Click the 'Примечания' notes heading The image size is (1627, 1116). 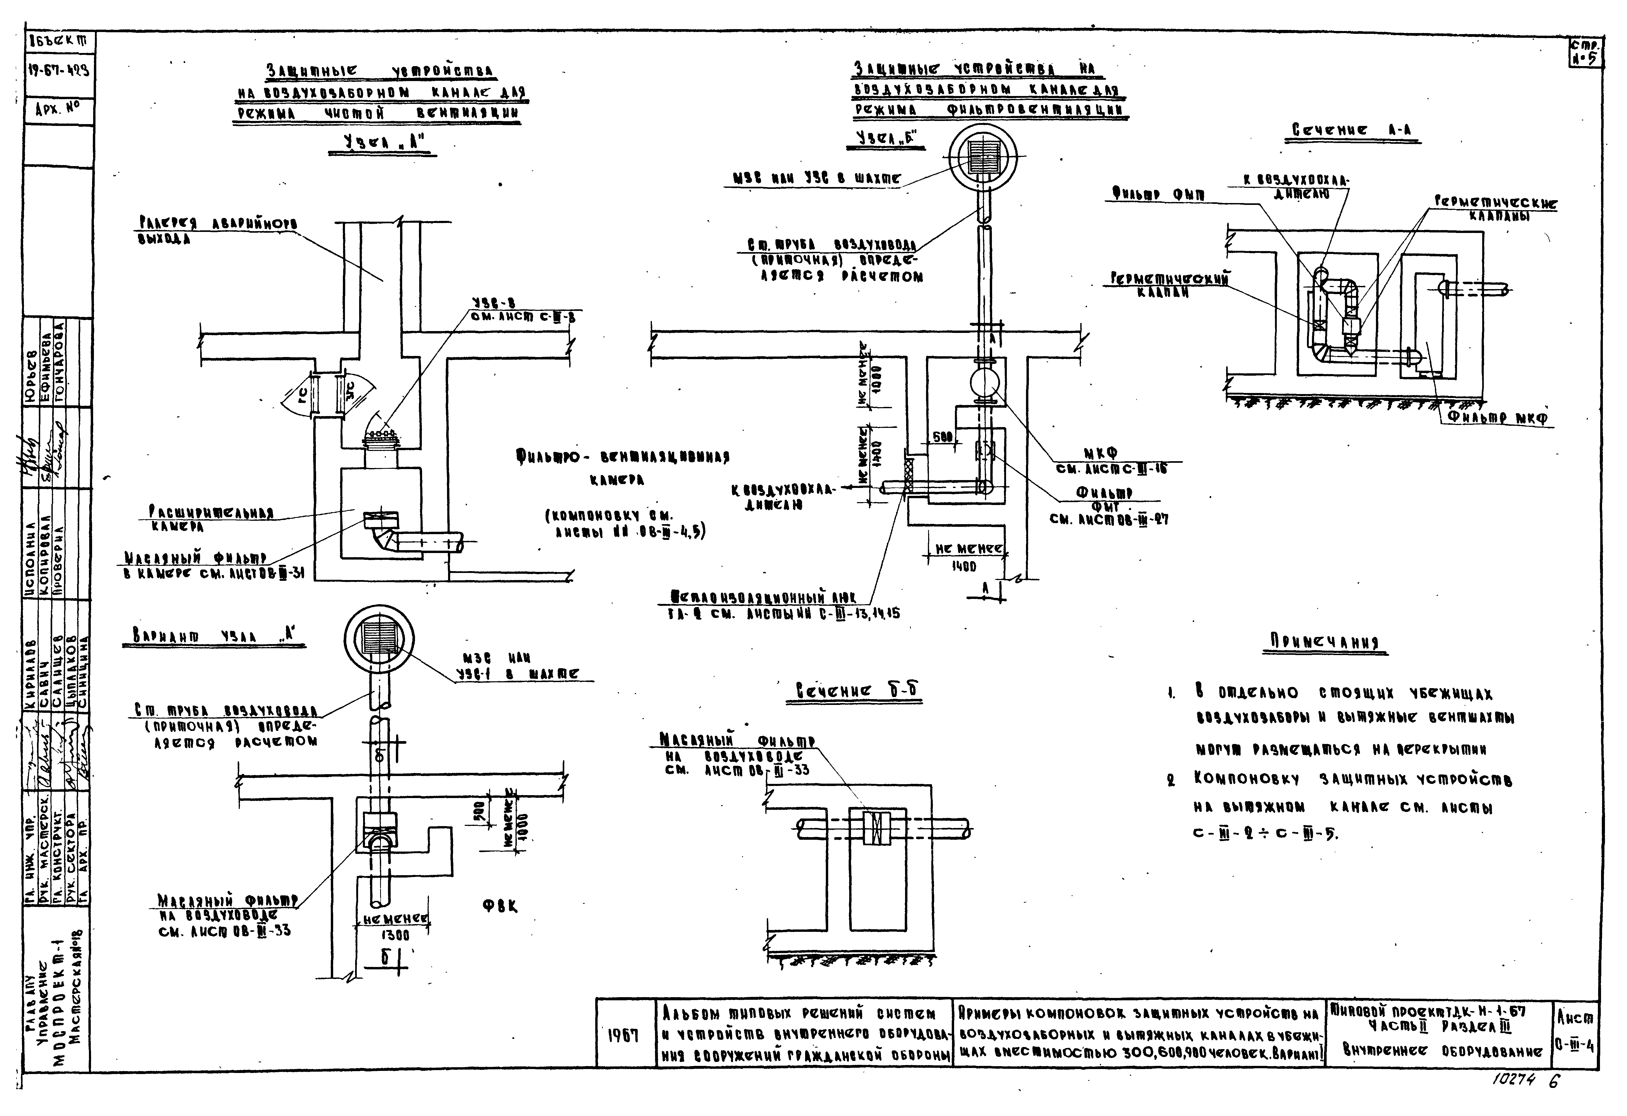point(1325,642)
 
